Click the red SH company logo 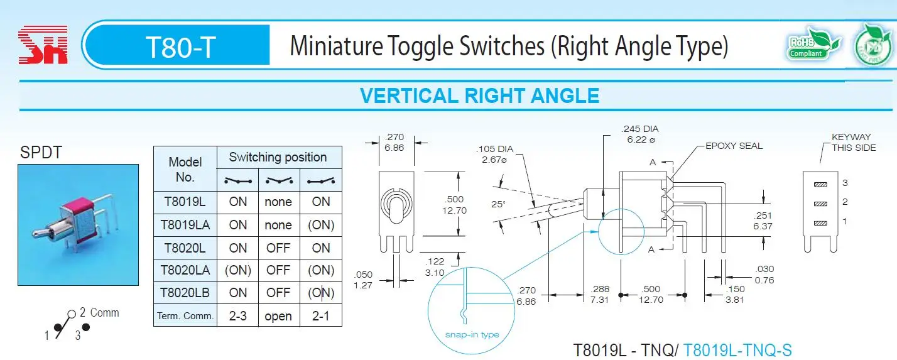(x=43, y=45)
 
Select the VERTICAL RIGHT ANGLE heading (x=479, y=95)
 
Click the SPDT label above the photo (x=41, y=152)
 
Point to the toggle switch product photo (x=78, y=224)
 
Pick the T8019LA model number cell (x=185, y=225)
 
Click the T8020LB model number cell (x=185, y=293)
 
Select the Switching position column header (x=278, y=157)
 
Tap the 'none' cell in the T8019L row (x=278, y=202)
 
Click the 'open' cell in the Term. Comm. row (x=278, y=316)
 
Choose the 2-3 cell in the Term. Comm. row (x=238, y=316)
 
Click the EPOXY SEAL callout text (x=734, y=146)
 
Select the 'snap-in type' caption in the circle (x=472, y=334)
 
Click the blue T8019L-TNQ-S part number (x=737, y=350)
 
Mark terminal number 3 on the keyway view (x=845, y=183)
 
